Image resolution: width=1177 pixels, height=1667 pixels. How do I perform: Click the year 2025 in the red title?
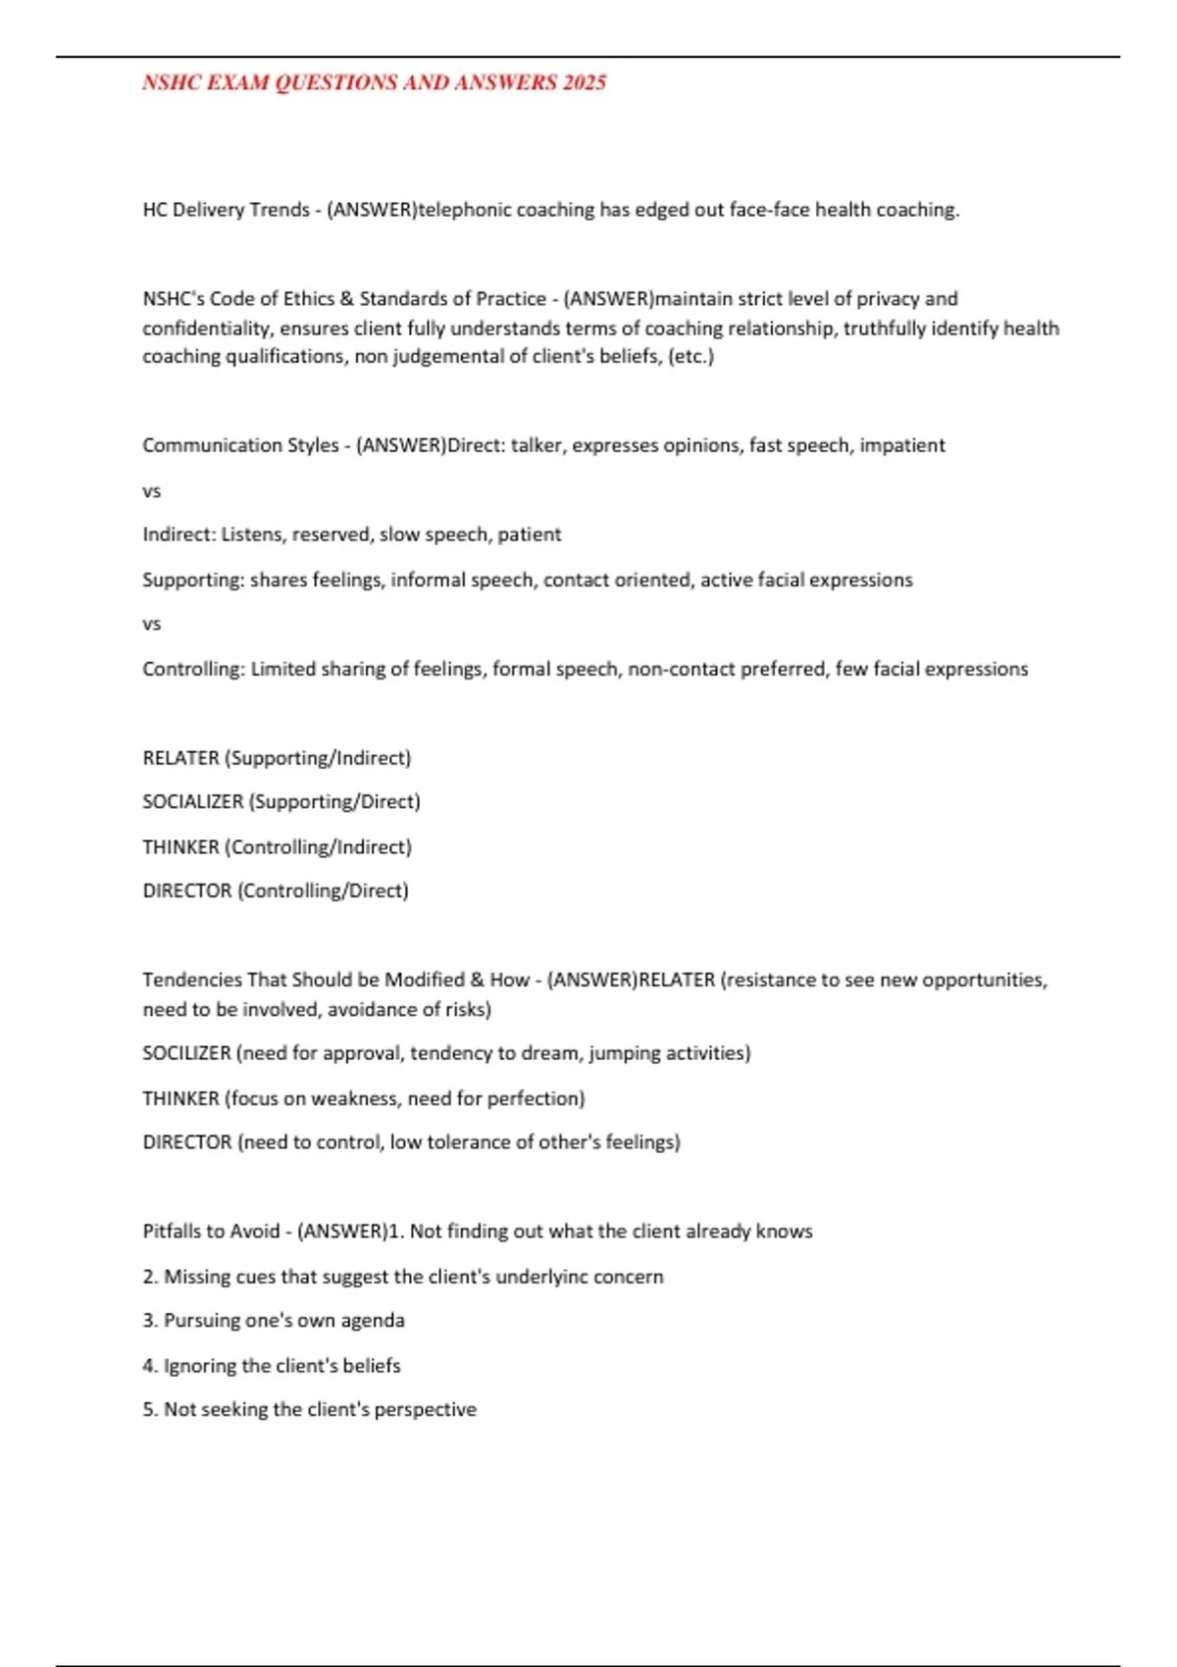tap(585, 82)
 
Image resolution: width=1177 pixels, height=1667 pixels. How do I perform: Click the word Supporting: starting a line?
tap(193, 580)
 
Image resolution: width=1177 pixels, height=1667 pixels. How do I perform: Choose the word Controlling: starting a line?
tap(193, 669)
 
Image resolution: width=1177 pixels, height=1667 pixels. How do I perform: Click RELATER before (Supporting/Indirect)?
tap(180, 758)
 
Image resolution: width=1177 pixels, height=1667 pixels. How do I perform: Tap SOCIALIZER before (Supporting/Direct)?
tap(193, 802)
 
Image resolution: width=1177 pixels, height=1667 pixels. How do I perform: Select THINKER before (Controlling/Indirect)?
tap(180, 847)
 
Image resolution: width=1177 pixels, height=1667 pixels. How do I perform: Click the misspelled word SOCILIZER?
tap(186, 1053)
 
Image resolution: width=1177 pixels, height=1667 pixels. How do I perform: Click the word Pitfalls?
tap(172, 1232)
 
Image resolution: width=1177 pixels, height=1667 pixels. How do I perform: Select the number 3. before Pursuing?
tap(150, 1321)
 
